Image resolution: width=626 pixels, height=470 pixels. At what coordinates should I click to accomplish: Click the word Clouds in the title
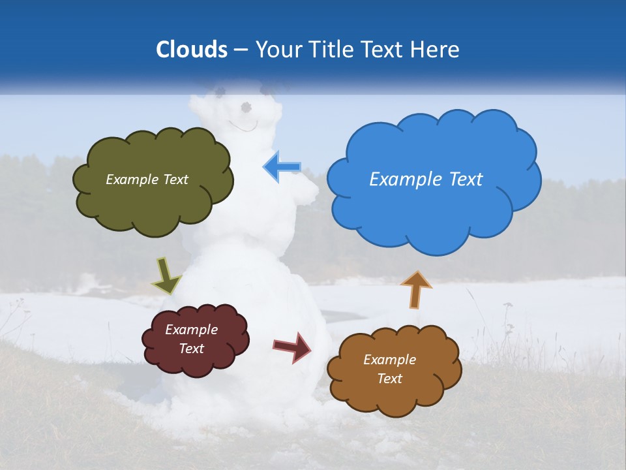[x=192, y=50]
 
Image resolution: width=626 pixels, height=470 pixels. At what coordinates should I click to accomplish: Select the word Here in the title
[x=436, y=50]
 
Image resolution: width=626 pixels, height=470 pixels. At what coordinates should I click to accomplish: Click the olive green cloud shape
[x=153, y=196]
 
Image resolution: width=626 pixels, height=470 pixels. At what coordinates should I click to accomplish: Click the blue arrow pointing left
[x=282, y=167]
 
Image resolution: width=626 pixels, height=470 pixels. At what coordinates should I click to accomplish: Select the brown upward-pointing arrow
[x=416, y=289]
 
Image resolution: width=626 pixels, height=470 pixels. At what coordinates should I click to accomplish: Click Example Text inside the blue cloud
[x=426, y=179]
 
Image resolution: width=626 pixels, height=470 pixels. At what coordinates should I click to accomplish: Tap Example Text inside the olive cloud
[x=147, y=179]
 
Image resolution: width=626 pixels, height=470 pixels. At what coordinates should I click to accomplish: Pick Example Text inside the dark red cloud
[x=192, y=339]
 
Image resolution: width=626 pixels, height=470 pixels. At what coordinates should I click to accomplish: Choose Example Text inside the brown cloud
[x=389, y=369]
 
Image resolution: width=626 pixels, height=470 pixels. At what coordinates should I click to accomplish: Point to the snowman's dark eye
[x=246, y=106]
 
